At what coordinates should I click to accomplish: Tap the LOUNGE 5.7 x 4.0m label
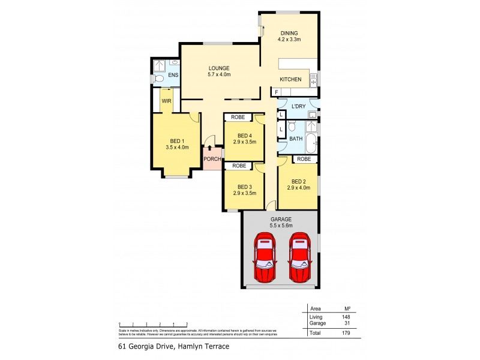coord(219,71)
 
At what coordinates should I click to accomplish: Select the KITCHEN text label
coord(290,79)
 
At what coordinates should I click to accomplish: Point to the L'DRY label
coord(298,106)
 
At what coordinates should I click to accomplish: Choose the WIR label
coord(166,101)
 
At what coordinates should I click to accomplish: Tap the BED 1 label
coord(177,143)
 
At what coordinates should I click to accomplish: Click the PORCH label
coord(212,159)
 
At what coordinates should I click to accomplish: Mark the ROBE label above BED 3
coord(239,166)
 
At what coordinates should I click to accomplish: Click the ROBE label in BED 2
coord(304,159)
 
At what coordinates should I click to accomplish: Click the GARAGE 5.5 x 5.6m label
coord(281,223)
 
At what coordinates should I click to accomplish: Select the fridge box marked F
coord(276,92)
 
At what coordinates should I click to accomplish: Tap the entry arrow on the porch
coord(209,148)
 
